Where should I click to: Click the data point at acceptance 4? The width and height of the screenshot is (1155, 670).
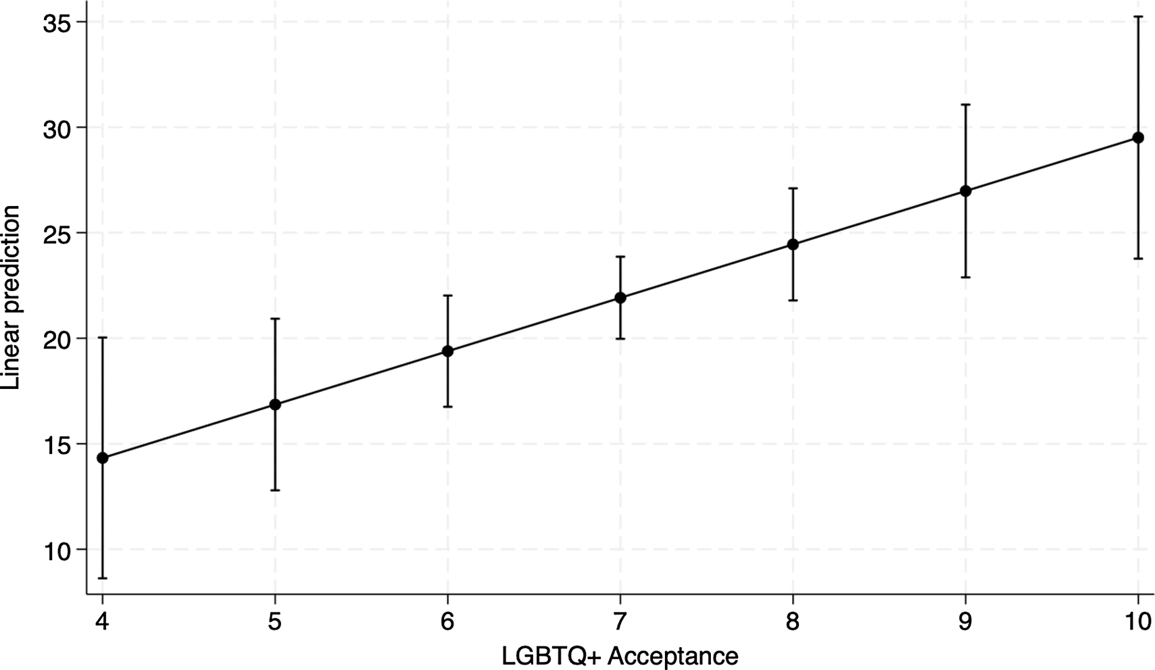tap(103, 458)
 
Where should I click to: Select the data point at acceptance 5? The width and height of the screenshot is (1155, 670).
tap(275, 405)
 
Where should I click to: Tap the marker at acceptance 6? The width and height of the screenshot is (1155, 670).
tap(447, 351)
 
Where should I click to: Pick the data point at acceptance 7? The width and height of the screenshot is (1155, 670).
tap(620, 298)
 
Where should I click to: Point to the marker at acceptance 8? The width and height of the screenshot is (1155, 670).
tap(793, 244)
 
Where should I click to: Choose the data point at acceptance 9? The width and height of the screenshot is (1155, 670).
tap(966, 191)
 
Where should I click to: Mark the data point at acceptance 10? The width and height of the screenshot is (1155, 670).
tap(1138, 138)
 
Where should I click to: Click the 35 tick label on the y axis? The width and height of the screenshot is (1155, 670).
tap(57, 22)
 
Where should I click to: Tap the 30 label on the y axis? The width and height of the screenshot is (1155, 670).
tap(57, 128)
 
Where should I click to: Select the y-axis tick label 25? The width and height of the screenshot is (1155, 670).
tap(57, 233)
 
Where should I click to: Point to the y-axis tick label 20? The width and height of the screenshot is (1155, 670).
tap(57, 338)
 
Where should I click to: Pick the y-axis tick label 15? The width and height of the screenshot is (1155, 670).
tap(57, 444)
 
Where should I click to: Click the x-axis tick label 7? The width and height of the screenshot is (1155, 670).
tap(620, 621)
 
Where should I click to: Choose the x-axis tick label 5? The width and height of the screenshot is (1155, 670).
tap(275, 621)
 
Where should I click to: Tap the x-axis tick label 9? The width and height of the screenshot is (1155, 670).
tap(966, 621)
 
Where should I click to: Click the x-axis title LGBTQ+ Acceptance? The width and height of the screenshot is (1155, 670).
tap(620, 656)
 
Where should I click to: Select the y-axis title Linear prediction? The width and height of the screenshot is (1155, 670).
tap(11, 297)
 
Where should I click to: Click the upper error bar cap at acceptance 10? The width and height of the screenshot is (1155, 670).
tap(1138, 17)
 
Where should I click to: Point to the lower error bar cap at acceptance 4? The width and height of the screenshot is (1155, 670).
tap(103, 578)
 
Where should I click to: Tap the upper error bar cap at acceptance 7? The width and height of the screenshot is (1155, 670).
tap(620, 257)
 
